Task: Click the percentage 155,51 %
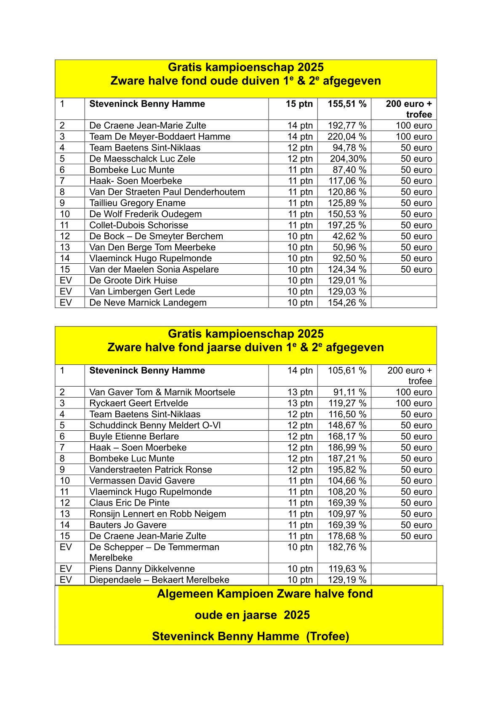point(347,104)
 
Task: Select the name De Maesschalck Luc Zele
point(142,159)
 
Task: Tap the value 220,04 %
point(347,137)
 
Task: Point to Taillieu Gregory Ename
point(137,203)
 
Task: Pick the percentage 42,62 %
point(349,236)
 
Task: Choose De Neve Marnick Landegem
point(148,302)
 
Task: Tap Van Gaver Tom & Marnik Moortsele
point(162,392)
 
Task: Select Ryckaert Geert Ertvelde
point(139,403)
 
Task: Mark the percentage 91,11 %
point(349,392)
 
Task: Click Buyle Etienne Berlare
point(134,436)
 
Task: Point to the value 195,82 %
point(347,469)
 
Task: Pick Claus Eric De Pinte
point(129,503)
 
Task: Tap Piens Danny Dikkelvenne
point(142,569)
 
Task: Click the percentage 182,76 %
point(347,547)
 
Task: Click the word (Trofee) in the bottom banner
point(328,636)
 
